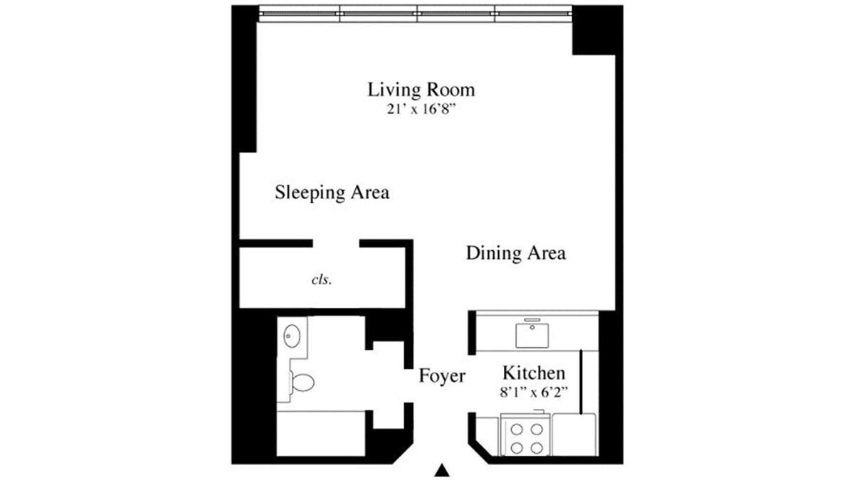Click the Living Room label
click(x=421, y=90)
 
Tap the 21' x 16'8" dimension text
click(x=421, y=110)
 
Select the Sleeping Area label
click(x=332, y=193)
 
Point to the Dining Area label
click(x=516, y=253)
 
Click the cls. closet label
click(x=322, y=280)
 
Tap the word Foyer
click(x=442, y=376)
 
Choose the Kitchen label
click(x=534, y=373)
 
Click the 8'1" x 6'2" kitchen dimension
click(x=534, y=393)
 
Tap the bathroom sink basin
click(x=292, y=336)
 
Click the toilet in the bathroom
click(x=302, y=383)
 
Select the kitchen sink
click(x=532, y=335)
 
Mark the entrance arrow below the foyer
click(x=442, y=470)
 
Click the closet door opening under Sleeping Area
click(x=336, y=243)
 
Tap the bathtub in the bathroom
click(x=321, y=434)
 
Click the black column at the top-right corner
click(x=597, y=30)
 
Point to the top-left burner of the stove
click(x=517, y=430)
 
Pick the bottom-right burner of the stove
click(x=537, y=448)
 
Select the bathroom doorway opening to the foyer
click(x=408, y=385)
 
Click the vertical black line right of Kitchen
click(x=581, y=382)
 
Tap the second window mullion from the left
click(x=417, y=14)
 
